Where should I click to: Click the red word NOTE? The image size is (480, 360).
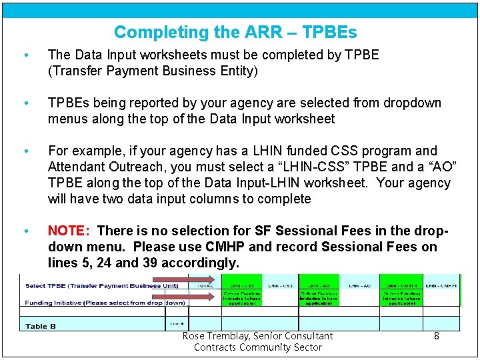pos(68,231)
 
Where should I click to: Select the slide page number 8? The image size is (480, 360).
pos(437,336)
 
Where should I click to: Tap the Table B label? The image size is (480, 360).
pos(41,326)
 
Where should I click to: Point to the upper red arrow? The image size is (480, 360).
pos(200,279)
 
